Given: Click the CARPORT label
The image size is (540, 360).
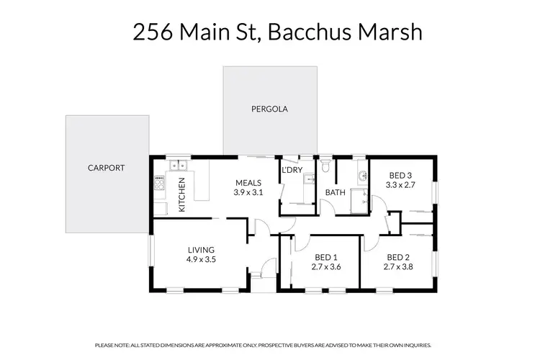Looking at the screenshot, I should click(x=107, y=168).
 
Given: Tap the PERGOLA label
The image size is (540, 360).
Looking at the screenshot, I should click(x=269, y=109).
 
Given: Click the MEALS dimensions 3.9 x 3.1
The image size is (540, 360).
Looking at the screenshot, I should click(x=247, y=193).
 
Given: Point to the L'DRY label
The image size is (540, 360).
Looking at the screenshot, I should click(x=292, y=170).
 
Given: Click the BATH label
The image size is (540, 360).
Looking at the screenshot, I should click(x=336, y=193).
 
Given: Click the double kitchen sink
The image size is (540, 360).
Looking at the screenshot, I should click(x=175, y=166).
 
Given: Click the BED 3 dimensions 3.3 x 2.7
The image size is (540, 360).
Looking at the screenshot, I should click(x=400, y=185).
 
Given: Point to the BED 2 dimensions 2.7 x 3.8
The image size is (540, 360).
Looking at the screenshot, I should click(x=398, y=267).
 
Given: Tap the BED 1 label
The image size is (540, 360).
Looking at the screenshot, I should click(x=326, y=257).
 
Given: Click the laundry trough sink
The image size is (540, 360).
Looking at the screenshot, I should click(x=307, y=180).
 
